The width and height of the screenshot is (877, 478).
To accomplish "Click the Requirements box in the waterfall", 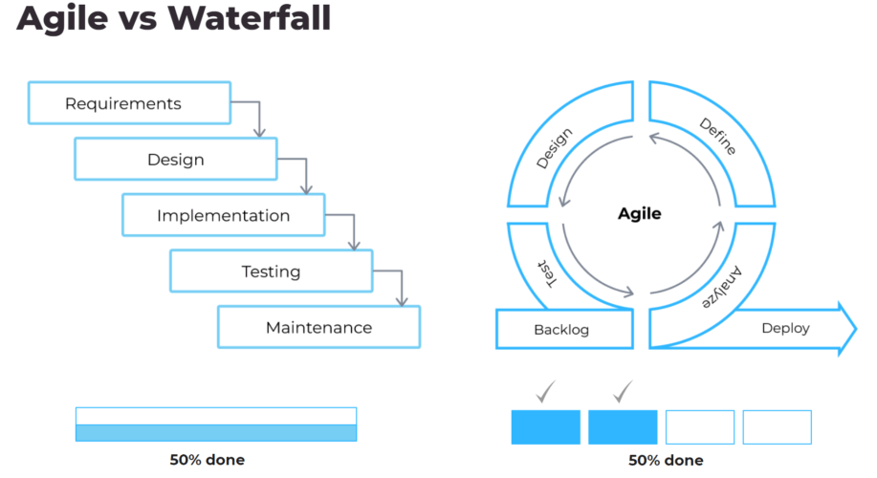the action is (x=129, y=103).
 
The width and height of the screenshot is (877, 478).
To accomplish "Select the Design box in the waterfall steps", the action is (x=176, y=159).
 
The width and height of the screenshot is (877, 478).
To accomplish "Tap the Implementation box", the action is (x=224, y=215).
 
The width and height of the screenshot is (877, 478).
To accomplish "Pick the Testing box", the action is (x=272, y=271).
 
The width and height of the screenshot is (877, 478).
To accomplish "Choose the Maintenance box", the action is (x=318, y=327).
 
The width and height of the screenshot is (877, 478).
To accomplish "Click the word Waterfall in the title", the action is (x=250, y=18).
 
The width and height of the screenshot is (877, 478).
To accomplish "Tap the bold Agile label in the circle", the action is (x=639, y=213).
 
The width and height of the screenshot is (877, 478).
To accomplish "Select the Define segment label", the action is (x=718, y=136).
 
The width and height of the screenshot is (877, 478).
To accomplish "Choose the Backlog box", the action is (x=564, y=329).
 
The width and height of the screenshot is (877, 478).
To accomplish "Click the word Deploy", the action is (x=785, y=328).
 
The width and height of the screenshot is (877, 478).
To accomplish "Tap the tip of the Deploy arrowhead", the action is (x=856, y=329).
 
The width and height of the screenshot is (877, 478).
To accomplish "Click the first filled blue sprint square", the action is (x=545, y=427).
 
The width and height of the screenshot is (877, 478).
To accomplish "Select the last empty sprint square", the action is (x=777, y=427).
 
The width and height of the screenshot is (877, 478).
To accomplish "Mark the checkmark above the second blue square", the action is (x=623, y=391).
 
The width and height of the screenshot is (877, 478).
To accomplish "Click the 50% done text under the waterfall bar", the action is (x=207, y=460).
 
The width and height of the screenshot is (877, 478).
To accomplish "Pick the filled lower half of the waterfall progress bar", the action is (x=216, y=433).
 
